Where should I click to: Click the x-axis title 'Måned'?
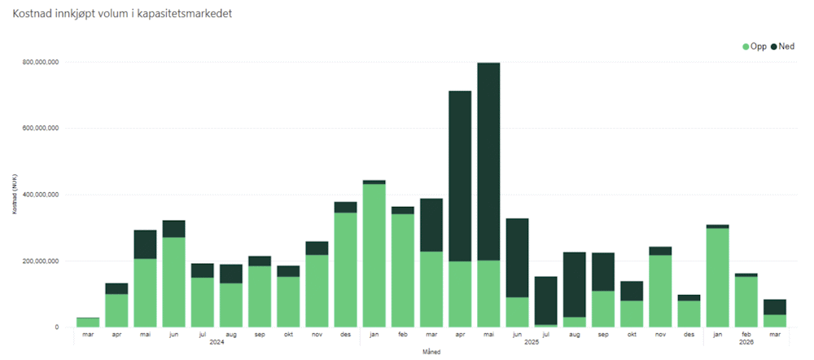coord(431,351)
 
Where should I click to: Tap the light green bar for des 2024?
coord(345,270)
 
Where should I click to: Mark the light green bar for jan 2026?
coord(717,278)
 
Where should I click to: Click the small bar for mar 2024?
coord(88,323)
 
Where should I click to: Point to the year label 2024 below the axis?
coord(216,342)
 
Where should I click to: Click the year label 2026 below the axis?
coord(746,342)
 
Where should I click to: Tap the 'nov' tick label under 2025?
coord(660,333)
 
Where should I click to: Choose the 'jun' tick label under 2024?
coord(173,333)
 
